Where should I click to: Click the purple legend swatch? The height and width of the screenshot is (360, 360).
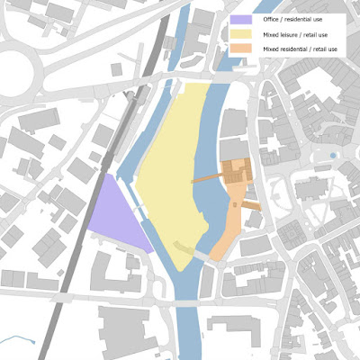pos(241,18)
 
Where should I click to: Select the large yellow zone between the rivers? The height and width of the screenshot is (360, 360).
pos(175,171)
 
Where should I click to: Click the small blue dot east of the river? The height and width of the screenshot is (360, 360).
pos(334,157)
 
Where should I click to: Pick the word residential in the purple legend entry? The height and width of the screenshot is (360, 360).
pos(304,18)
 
